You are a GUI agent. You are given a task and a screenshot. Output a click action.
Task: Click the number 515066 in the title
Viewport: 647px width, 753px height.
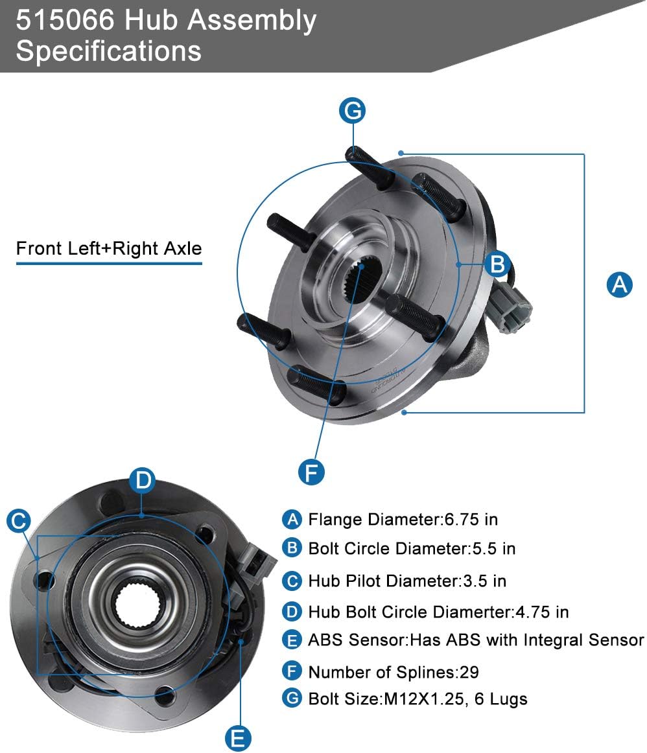click(x=65, y=21)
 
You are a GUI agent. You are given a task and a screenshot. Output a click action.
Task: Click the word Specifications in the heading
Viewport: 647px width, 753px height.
click(x=108, y=51)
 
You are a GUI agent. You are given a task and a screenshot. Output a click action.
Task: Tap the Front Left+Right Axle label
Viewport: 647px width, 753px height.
click(x=109, y=248)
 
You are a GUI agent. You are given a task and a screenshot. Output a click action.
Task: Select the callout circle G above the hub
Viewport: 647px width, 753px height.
click(x=353, y=111)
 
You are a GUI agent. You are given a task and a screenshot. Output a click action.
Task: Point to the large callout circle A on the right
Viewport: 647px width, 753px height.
click(x=620, y=284)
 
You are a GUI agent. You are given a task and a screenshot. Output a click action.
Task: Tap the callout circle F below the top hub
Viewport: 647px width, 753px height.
click(x=311, y=472)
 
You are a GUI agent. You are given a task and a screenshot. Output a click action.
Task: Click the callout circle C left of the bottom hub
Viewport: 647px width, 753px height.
click(x=19, y=520)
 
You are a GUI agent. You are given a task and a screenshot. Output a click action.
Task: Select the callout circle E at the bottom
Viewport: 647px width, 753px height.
click(x=238, y=737)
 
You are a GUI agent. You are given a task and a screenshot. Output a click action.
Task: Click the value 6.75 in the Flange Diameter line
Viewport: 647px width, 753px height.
click(x=462, y=519)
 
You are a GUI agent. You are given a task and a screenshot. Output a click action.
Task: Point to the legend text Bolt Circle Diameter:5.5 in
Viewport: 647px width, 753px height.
click(x=412, y=549)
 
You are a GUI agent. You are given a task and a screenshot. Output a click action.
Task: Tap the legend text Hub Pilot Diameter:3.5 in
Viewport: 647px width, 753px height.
click(x=407, y=581)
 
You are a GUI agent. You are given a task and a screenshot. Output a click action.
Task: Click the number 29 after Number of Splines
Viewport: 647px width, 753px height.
click(x=469, y=672)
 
